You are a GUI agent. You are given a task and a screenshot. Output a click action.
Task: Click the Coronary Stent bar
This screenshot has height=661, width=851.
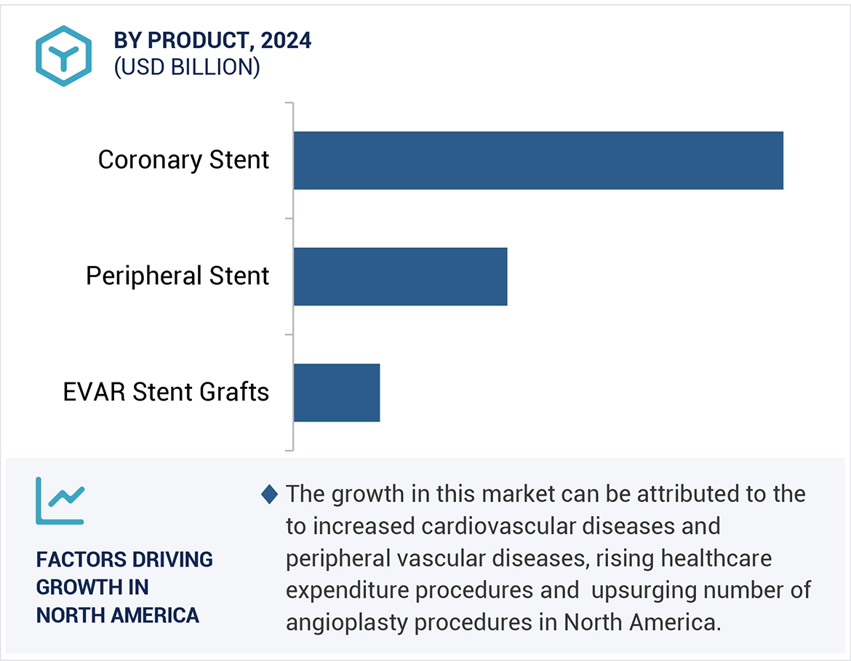point(538,160)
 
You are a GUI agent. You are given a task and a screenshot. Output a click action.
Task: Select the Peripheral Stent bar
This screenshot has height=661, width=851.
point(400,276)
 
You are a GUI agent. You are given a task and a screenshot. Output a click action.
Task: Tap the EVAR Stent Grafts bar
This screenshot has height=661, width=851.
point(337,393)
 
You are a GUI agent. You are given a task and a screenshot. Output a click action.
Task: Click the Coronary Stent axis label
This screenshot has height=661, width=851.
point(183,160)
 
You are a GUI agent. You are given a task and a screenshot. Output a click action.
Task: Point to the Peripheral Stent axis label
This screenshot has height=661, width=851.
point(177,276)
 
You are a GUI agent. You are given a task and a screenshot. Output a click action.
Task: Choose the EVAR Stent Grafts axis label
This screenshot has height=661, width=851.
point(166,393)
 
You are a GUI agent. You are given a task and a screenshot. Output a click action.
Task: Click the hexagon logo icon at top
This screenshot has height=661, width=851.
point(63,56)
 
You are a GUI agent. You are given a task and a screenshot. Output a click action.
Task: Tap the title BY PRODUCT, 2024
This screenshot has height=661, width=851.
point(212,41)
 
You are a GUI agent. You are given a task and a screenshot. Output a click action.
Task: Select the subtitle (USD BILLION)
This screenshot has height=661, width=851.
point(187,67)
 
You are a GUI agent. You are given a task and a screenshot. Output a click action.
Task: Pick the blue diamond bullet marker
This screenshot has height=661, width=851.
point(269,494)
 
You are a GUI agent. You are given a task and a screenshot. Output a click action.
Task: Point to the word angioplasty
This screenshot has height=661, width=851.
point(342,622)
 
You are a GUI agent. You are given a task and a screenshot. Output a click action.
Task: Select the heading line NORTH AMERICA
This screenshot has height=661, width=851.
point(117,614)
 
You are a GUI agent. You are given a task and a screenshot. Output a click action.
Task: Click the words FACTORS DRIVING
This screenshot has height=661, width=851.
point(124,559)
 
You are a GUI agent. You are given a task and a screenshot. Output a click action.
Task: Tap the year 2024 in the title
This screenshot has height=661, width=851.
point(286,41)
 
